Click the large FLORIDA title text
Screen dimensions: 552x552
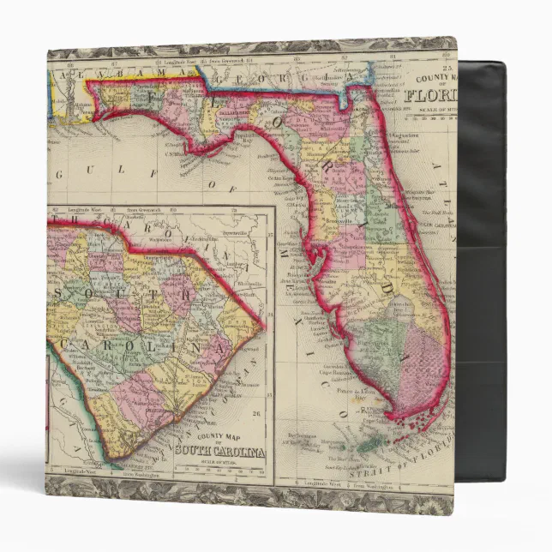point(434,94)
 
